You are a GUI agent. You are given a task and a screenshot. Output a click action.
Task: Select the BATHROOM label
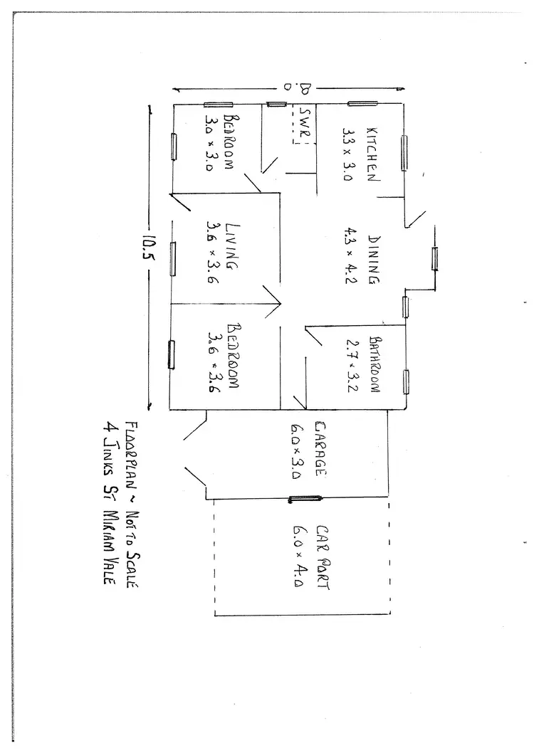click(375, 364)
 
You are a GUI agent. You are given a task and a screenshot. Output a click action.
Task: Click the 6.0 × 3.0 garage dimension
click(295, 452)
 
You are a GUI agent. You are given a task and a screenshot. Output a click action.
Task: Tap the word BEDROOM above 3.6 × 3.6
click(234, 357)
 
